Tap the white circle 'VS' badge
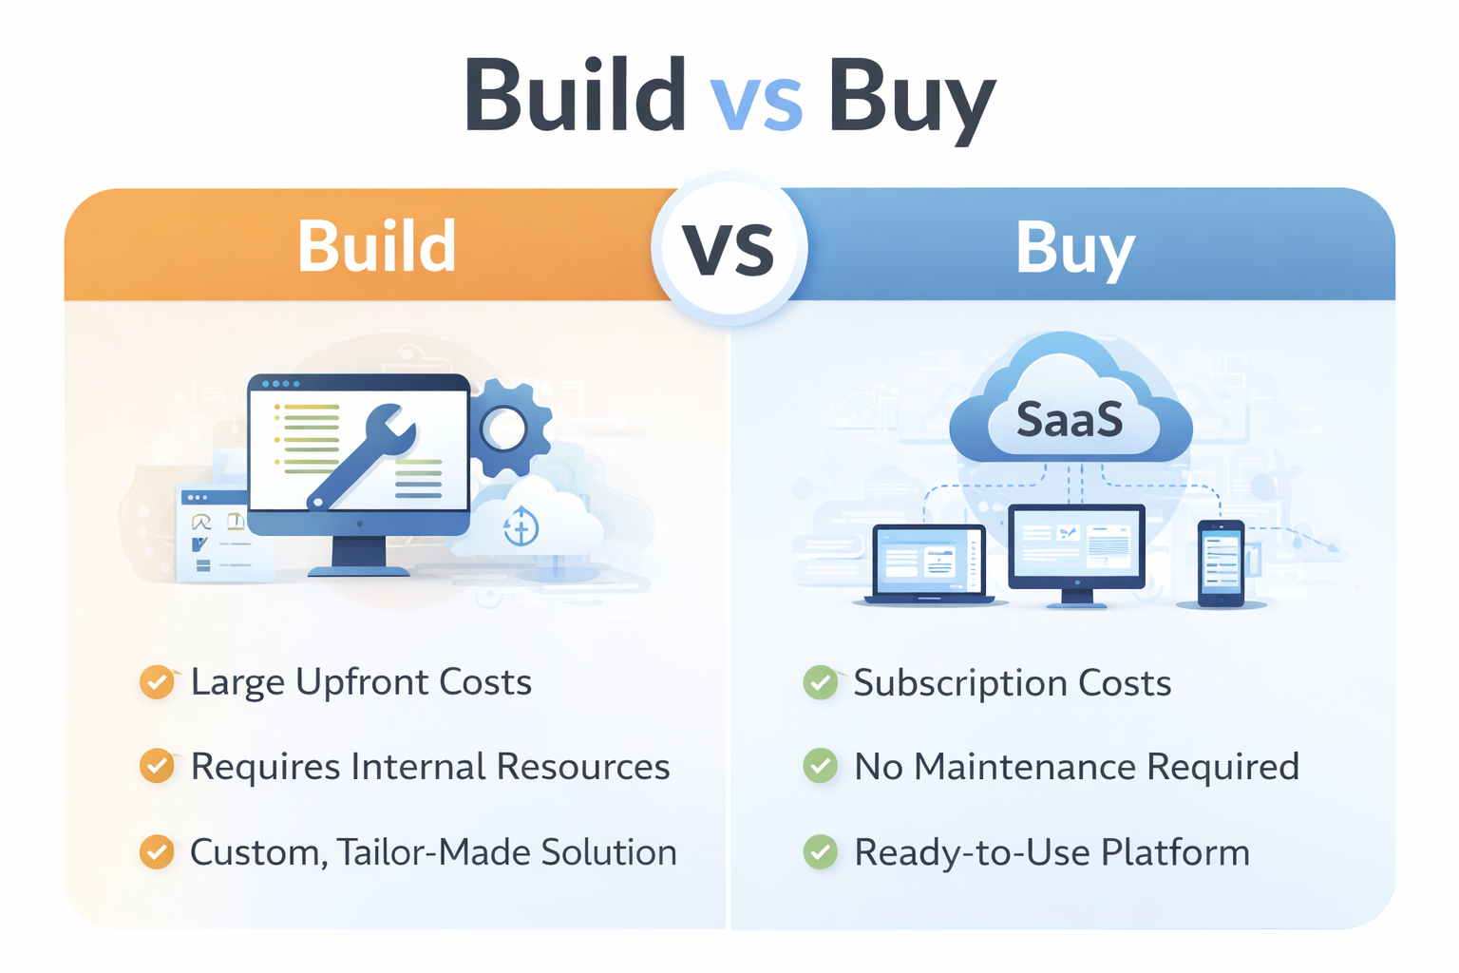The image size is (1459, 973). pyautogui.click(x=729, y=249)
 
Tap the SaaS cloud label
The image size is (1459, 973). pyautogui.click(x=1070, y=420)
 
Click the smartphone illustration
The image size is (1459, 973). pyautogui.click(x=1221, y=563)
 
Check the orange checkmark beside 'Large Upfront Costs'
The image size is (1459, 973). pyautogui.click(x=157, y=682)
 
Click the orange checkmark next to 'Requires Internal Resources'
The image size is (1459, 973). pyautogui.click(x=157, y=766)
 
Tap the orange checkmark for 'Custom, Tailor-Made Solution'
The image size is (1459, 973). pyautogui.click(x=157, y=851)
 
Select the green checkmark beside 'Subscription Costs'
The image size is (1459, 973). pyautogui.click(x=821, y=682)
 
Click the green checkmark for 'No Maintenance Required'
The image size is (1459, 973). pyautogui.click(x=821, y=766)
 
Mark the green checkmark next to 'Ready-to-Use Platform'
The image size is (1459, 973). pyautogui.click(x=821, y=851)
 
